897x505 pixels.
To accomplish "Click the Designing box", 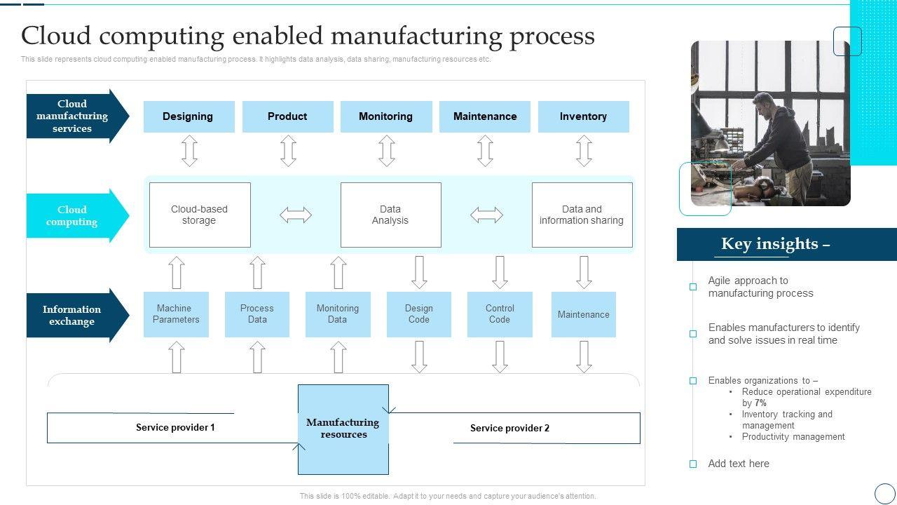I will click(189, 116).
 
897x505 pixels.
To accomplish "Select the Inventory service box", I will click(583, 116).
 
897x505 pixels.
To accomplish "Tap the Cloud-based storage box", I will click(200, 215).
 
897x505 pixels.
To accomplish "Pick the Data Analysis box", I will click(390, 215).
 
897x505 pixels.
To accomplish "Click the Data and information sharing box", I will click(582, 215).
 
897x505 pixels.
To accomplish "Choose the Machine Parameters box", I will click(176, 314).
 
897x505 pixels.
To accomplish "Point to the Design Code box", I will click(418, 314).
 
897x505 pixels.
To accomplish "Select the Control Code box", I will click(500, 314).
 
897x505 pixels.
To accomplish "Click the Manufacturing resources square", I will click(343, 429).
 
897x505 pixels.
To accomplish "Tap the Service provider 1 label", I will click(175, 427).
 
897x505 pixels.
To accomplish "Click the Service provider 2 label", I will click(509, 428).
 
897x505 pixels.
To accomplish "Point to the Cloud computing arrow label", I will click(72, 215).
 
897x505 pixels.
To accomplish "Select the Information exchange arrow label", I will click(72, 315).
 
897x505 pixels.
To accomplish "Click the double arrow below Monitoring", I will click(386, 151).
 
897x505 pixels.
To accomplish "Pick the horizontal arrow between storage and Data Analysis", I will click(296, 215).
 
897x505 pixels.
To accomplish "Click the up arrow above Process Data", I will click(258, 273).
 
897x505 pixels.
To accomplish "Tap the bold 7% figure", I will click(760, 403).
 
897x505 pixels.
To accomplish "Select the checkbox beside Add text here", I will click(693, 464).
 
